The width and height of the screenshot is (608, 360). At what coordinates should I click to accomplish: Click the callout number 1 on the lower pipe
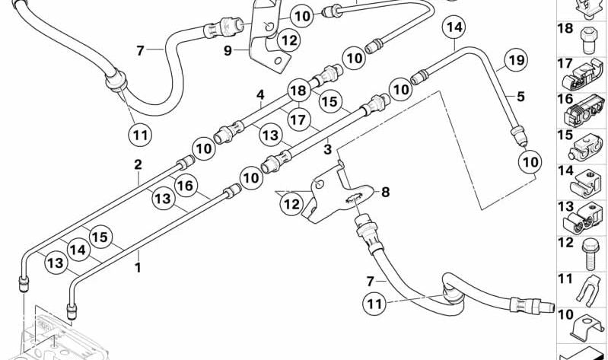tap(138, 268)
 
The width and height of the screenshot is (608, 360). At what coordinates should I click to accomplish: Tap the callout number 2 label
tap(138, 164)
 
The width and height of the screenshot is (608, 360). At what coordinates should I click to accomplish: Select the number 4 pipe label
tap(260, 96)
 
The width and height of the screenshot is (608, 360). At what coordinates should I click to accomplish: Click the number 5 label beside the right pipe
tap(520, 97)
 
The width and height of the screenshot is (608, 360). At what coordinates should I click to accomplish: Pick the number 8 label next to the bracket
tap(385, 193)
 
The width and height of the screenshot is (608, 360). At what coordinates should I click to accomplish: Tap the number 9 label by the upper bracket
tap(228, 52)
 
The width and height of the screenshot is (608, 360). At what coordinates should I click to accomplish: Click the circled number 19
tap(517, 60)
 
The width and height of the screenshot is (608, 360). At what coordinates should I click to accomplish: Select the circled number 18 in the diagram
tap(298, 91)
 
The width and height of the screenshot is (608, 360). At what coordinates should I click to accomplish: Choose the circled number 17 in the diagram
tap(298, 119)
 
